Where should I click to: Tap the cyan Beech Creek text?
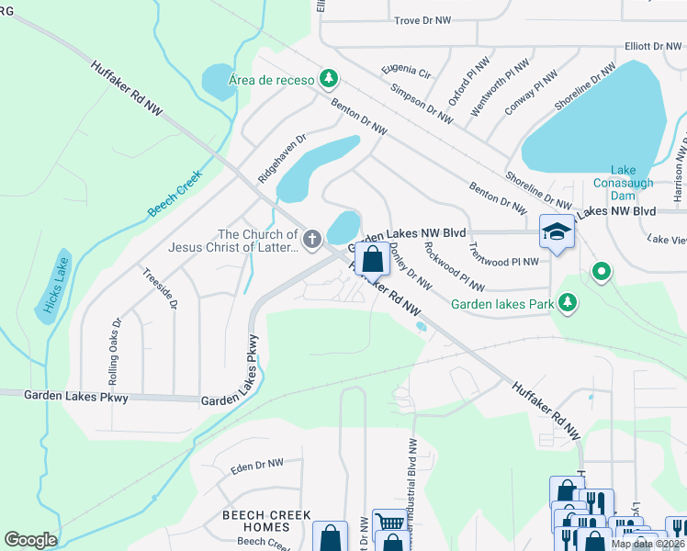174,193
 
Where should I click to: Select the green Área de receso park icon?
326,79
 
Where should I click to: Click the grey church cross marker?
312,241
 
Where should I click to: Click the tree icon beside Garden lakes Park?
569,302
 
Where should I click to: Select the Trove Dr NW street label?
423,19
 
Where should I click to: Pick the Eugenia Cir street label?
406,70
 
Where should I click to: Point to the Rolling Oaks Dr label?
115,352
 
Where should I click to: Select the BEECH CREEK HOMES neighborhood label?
266,522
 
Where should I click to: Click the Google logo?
30,540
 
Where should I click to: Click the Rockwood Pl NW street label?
454,266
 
